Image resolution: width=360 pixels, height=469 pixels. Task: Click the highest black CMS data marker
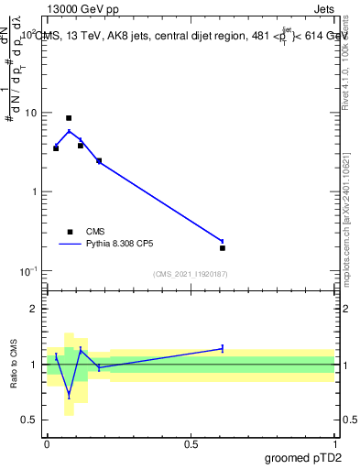click(x=69, y=118)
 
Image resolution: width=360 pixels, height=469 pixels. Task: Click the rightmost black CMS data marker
click(x=223, y=247)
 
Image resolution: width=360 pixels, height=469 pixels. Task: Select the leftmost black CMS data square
click(x=56, y=147)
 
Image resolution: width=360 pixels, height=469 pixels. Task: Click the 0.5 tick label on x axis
click(x=191, y=442)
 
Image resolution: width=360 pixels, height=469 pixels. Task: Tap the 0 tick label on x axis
click(x=47, y=442)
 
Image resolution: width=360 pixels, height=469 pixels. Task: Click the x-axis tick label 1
click(x=334, y=442)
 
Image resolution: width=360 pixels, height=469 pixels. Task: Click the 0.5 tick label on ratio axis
click(x=30, y=420)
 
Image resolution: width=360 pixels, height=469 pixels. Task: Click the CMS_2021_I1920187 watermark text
click(x=191, y=274)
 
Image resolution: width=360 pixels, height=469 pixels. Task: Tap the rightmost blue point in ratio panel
click(x=223, y=348)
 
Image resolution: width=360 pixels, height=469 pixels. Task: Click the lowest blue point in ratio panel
click(x=69, y=396)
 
